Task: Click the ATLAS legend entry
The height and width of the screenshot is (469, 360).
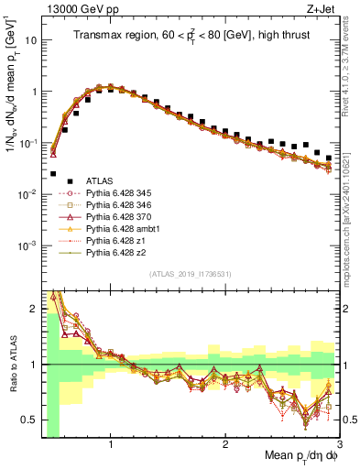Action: [x=101, y=182]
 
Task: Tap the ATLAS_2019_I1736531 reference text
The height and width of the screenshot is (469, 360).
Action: [x=191, y=275]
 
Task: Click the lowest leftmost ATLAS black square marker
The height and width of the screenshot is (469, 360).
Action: [x=53, y=173]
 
